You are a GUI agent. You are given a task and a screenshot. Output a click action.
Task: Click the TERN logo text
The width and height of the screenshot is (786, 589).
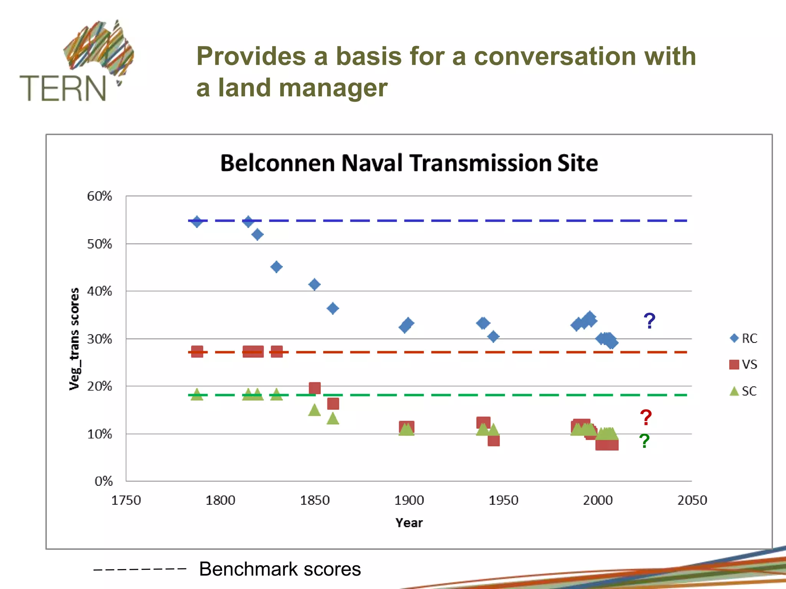click(63, 88)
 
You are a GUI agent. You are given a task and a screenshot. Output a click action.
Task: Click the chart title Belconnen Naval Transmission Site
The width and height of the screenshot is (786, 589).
click(409, 163)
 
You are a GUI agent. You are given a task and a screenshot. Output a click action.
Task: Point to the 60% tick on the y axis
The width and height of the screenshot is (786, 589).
click(99, 196)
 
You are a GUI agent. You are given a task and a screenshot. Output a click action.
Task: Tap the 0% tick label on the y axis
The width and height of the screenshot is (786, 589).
click(104, 481)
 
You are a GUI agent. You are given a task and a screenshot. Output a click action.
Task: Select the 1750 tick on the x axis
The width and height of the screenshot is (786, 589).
click(126, 500)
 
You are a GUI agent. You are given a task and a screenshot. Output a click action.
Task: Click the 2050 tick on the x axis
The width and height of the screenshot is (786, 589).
click(692, 500)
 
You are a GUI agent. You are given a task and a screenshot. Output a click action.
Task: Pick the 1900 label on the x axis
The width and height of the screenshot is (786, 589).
click(409, 500)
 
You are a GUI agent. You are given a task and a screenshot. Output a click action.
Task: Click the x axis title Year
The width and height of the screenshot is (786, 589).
click(409, 523)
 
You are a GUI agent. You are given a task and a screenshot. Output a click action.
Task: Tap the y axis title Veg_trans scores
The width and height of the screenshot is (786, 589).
click(74, 339)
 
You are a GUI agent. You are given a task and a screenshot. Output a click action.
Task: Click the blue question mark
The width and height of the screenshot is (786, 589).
click(649, 321)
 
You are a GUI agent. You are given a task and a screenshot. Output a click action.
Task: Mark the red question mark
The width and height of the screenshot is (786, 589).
click(646, 418)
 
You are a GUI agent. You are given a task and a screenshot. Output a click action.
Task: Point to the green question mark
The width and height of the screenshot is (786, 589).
click(645, 441)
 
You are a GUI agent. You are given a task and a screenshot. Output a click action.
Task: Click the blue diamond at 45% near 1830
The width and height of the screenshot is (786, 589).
click(276, 267)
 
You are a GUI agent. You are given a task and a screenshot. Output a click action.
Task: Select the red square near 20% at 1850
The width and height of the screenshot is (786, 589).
click(315, 388)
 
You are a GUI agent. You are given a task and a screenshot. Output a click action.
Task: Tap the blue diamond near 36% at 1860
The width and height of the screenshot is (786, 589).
click(333, 308)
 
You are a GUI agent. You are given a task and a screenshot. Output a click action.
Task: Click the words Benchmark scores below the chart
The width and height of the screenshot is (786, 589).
click(280, 569)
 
